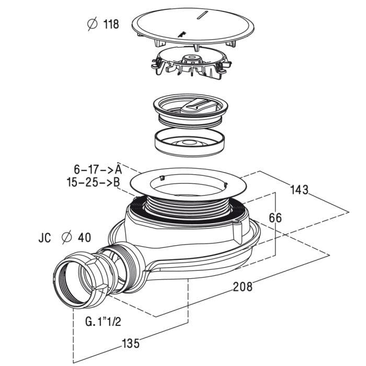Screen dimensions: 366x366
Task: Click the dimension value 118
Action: pos(110,24)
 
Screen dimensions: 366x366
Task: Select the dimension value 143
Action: pos(299,189)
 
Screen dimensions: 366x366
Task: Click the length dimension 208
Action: pos(242,286)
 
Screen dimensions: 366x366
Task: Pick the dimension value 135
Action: pos(130,343)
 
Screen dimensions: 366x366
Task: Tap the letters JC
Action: pos(44,238)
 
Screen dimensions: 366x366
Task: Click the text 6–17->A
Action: pos(98,169)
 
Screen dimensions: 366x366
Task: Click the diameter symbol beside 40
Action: pos(66,238)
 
